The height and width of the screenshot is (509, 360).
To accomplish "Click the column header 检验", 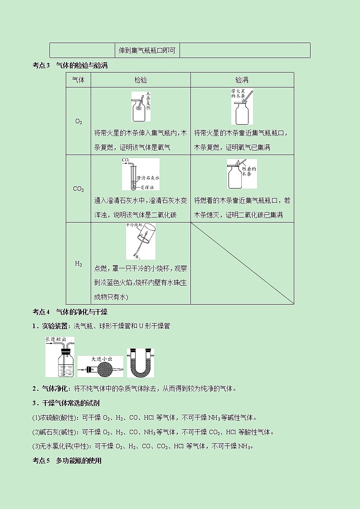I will pos(141,80).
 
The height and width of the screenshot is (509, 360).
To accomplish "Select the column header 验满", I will pos(242,80).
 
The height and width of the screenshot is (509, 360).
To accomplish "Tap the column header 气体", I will pos(78,80).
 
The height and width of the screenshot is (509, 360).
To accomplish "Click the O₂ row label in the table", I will pos(78,121).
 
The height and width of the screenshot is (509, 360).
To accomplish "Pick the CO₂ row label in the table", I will pos(78,189).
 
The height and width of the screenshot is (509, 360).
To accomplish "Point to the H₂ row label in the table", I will pos(78,263).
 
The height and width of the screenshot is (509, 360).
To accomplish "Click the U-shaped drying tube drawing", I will pos(140,363).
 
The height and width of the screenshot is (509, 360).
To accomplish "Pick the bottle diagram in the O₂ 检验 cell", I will pos(141,107).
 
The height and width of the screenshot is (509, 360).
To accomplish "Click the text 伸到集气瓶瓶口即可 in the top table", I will pos(147,50).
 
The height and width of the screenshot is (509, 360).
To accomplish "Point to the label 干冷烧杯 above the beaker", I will pos(135,225).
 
